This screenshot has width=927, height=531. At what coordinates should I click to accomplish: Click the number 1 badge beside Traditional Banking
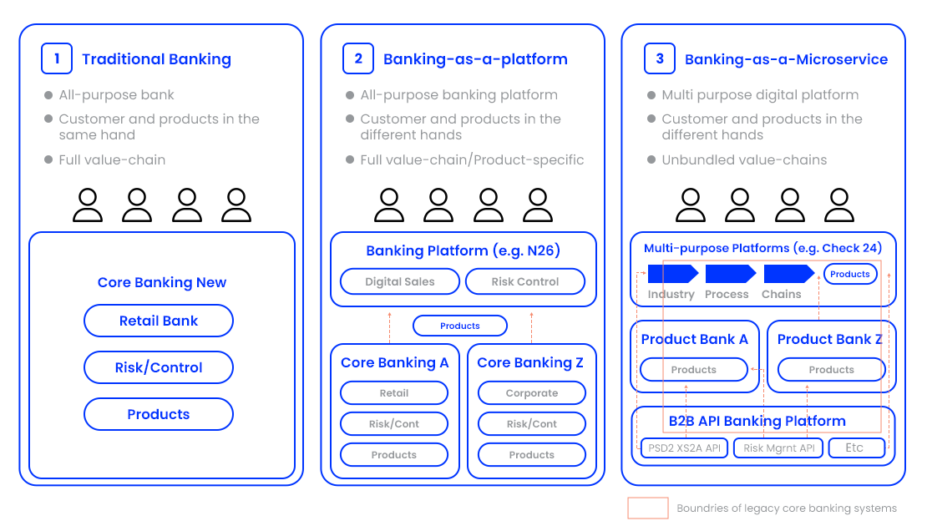(x=57, y=58)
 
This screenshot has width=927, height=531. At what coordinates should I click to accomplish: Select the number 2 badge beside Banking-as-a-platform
(x=358, y=58)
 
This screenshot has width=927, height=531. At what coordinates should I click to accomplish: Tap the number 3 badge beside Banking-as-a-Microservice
(x=660, y=58)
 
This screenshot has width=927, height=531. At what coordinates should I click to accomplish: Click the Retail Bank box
(x=159, y=321)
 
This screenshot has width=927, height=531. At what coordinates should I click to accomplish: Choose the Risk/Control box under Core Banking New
(x=159, y=367)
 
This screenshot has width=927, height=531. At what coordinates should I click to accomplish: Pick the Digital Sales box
(x=400, y=281)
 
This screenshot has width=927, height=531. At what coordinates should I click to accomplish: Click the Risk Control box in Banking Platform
(x=525, y=281)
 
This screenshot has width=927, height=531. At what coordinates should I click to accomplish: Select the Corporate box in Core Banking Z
(x=532, y=392)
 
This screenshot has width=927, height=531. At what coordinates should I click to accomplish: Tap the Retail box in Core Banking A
(x=394, y=392)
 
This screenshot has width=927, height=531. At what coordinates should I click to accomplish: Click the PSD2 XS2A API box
(x=685, y=448)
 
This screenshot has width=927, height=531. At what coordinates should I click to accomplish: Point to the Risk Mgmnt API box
(x=779, y=448)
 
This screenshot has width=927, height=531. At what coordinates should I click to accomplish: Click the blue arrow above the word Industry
(x=672, y=274)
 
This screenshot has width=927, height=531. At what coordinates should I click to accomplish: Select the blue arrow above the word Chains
(x=788, y=274)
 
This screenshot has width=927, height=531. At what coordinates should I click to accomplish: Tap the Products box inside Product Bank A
(x=694, y=369)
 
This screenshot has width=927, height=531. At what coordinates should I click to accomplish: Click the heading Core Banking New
(x=162, y=282)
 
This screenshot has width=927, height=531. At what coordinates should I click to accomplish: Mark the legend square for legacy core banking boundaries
(x=648, y=508)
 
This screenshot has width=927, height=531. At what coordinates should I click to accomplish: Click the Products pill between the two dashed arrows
(x=460, y=326)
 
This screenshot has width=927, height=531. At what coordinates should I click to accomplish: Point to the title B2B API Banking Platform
(x=757, y=421)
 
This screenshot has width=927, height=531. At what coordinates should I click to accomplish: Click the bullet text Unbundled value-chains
(x=744, y=159)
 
